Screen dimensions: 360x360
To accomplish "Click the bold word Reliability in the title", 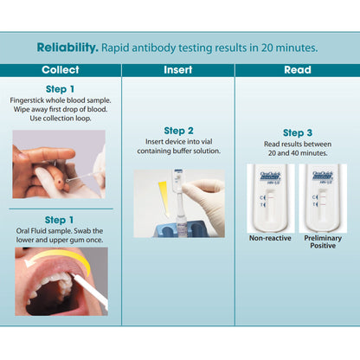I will pos(67,47).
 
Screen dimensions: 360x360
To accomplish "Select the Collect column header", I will pos(60,69).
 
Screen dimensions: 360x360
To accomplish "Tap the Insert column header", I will pos(177,69).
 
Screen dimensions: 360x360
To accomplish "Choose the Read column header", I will pos(297,69).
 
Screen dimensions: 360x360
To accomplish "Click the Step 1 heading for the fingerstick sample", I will pos(60,89).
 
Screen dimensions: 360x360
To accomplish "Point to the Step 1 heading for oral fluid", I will pos(60,220).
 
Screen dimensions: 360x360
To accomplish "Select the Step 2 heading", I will pos(178,130).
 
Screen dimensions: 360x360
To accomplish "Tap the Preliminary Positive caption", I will pos(321,242).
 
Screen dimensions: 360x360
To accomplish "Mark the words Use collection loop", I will pos(60,120).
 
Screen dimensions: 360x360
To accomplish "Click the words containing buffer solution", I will pos(178,151).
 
